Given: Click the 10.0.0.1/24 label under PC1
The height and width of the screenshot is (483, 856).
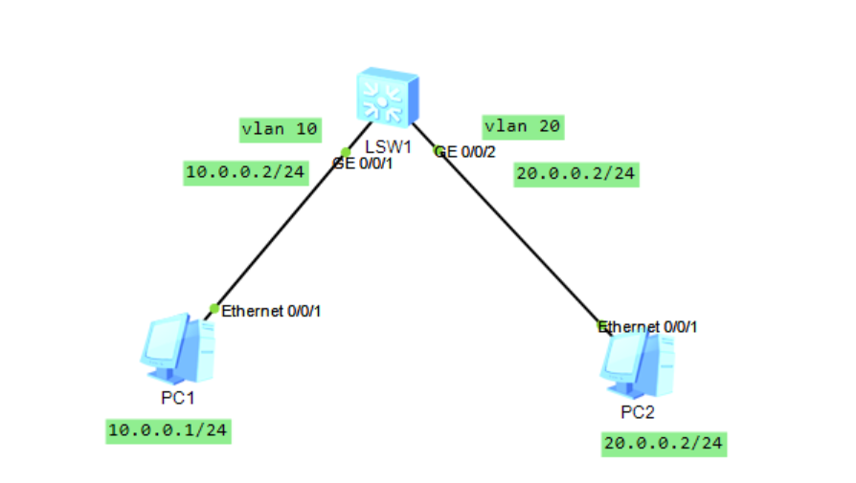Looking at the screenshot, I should (x=168, y=430).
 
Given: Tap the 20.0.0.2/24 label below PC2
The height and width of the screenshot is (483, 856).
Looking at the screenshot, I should (x=664, y=443).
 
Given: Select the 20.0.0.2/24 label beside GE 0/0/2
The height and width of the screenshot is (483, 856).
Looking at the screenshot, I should (x=575, y=174).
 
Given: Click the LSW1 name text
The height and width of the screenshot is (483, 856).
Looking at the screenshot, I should (x=388, y=148).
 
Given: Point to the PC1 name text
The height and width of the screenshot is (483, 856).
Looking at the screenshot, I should (x=177, y=397).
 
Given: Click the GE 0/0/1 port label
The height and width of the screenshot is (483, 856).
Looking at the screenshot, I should (x=364, y=164).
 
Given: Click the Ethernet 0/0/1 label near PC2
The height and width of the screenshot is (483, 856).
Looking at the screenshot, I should (x=649, y=327).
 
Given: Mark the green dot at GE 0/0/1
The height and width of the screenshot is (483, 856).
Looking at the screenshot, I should (x=347, y=152).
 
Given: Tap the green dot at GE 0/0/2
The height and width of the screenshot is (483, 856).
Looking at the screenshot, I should (x=439, y=150).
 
